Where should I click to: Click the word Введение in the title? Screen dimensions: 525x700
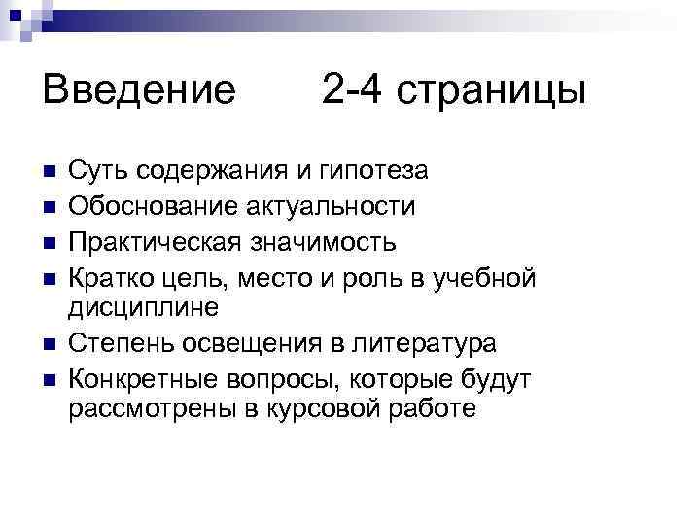click(139, 91)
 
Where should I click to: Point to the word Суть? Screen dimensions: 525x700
click(98, 173)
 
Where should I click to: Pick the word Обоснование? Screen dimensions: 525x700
click(144, 207)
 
